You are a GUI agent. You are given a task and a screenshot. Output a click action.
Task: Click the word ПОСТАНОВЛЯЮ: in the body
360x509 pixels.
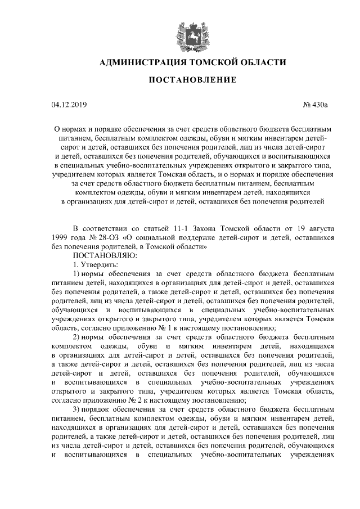(102, 255)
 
